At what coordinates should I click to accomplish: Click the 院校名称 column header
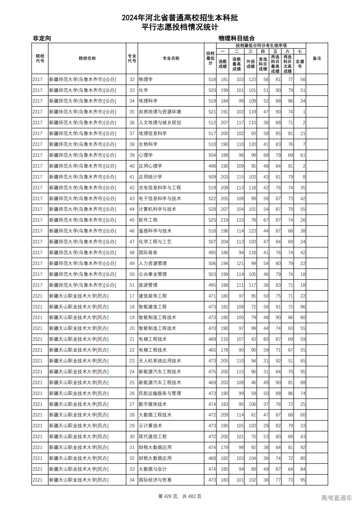click(x=87, y=58)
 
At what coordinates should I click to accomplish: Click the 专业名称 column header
click(x=171, y=58)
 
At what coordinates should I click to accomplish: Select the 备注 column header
click(x=317, y=58)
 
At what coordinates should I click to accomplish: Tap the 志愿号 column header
click(x=300, y=64)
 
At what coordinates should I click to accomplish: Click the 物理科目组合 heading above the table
click(x=237, y=38)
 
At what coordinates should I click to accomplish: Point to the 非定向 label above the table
click(x=42, y=38)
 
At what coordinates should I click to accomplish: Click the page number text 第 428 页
click(x=168, y=496)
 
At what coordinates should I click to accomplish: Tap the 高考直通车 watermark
click(x=336, y=498)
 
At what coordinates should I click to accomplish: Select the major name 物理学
click(x=146, y=80)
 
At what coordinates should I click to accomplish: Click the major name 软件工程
click(x=148, y=220)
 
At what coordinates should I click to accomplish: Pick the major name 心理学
click(x=146, y=155)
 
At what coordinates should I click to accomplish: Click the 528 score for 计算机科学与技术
click(x=212, y=209)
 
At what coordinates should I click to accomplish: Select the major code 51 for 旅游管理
click(x=132, y=285)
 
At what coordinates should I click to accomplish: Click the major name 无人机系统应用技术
click(x=160, y=361)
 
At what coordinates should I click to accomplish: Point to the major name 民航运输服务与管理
click(x=160, y=393)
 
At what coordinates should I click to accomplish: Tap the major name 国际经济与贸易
click(x=155, y=480)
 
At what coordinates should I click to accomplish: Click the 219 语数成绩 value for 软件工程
click(x=224, y=220)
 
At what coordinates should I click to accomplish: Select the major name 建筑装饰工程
click(x=153, y=296)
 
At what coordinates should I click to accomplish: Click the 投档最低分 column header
click(x=210, y=58)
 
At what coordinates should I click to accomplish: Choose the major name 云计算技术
click(x=150, y=426)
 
